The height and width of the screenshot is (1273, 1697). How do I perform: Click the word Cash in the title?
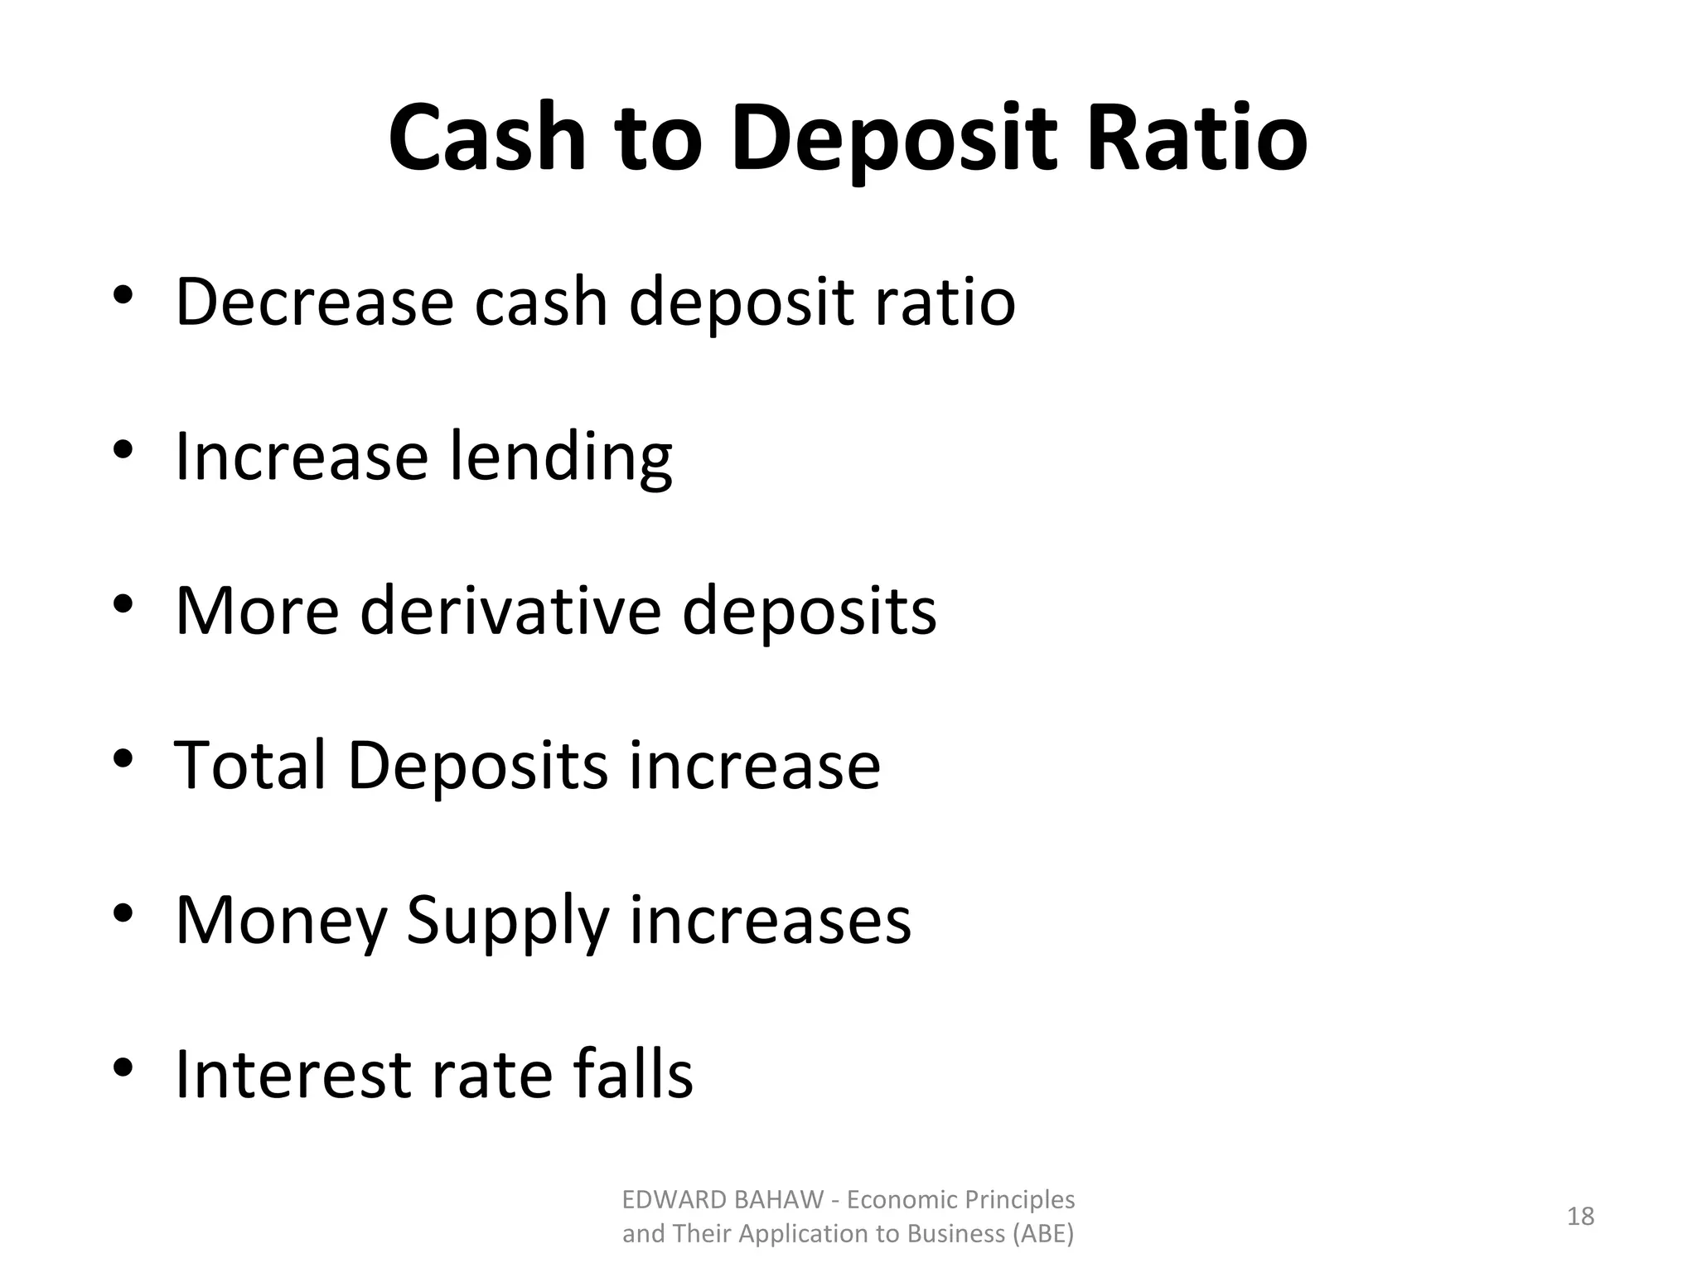tap(487, 138)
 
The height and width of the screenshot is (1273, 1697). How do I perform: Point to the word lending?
tap(560, 457)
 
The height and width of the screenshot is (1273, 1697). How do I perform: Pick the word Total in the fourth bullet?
tap(249, 765)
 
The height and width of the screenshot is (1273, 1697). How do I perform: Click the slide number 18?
tap(1580, 1216)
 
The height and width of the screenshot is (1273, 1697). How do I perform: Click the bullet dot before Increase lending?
tap(123, 450)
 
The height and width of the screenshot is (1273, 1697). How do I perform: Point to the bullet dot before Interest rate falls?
tap(123, 1067)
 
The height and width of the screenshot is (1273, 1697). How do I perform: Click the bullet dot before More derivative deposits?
tap(123, 604)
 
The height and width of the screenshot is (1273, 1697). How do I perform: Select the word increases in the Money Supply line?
tap(770, 920)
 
